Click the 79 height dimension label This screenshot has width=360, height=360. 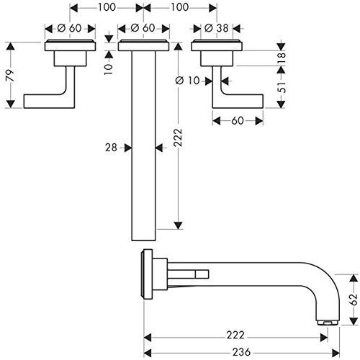coord(11,76)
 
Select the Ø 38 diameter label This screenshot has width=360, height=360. coord(216,28)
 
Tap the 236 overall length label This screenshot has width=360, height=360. coord(241,352)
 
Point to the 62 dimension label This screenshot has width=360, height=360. coord(354,300)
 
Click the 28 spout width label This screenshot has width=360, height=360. coord(111,148)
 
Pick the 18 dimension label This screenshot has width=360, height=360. coord(282,58)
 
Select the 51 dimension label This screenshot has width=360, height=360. coord(282,87)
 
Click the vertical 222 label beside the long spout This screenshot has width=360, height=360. coord(178,138)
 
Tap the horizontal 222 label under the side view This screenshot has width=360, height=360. coord(235,335)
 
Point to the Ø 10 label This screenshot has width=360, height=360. coord(187,81)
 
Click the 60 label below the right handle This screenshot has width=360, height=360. coord(238,120)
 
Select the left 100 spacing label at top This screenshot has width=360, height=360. coord(107,7)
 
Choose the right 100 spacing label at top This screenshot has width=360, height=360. coord(180,7)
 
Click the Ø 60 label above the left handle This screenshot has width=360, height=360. coord(70,28)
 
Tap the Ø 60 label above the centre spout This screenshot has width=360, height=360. coord(143,28)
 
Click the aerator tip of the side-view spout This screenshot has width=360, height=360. coord(328,323)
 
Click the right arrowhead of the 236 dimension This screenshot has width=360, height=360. coord(336,353)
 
